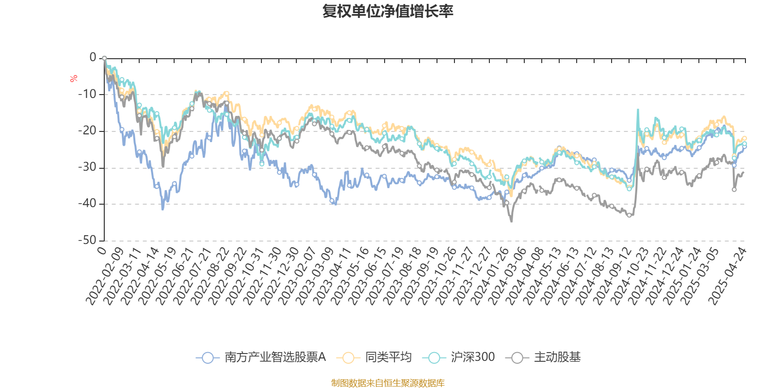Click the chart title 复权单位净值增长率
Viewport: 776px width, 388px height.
tap(388, 11)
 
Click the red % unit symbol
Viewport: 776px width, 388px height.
tap(74, 79)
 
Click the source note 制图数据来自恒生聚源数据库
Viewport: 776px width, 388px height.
tap(388, 383)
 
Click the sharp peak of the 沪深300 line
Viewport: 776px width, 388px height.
tap(638, 110)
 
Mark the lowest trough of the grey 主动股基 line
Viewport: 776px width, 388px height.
tap(511, 222)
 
